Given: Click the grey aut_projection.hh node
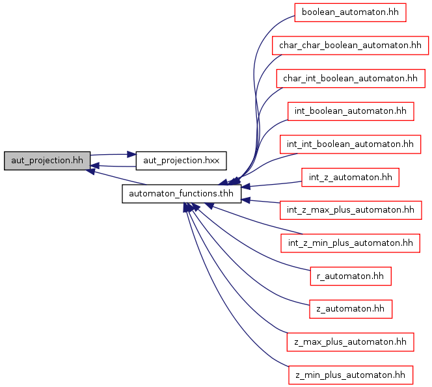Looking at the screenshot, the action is point(47,161).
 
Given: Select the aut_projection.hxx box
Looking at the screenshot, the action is point(181,161).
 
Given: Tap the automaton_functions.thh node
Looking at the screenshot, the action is point(182,194).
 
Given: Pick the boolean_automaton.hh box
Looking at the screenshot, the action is point(350,12).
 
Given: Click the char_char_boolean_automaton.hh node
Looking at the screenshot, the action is point(350,45).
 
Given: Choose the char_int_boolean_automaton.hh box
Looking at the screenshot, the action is point(351,79).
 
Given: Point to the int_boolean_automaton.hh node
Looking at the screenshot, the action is point(351,111).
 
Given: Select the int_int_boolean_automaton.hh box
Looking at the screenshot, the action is point(350,144).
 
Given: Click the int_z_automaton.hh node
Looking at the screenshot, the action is point(350,178).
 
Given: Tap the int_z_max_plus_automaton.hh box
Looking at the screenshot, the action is point(351,210).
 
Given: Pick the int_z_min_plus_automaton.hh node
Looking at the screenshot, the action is point(350,243).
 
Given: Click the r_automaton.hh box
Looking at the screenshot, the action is point(351,276).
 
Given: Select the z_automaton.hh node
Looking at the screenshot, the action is point(351,309).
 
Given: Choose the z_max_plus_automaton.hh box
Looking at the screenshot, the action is point(350,342).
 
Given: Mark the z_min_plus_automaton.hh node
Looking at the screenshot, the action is point(351,375).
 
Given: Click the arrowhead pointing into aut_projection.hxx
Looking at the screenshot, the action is point(131,155).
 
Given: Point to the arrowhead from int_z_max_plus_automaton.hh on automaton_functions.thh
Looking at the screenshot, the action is point(246,200).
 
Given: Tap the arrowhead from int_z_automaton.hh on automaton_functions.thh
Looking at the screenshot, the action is point(246,187).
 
